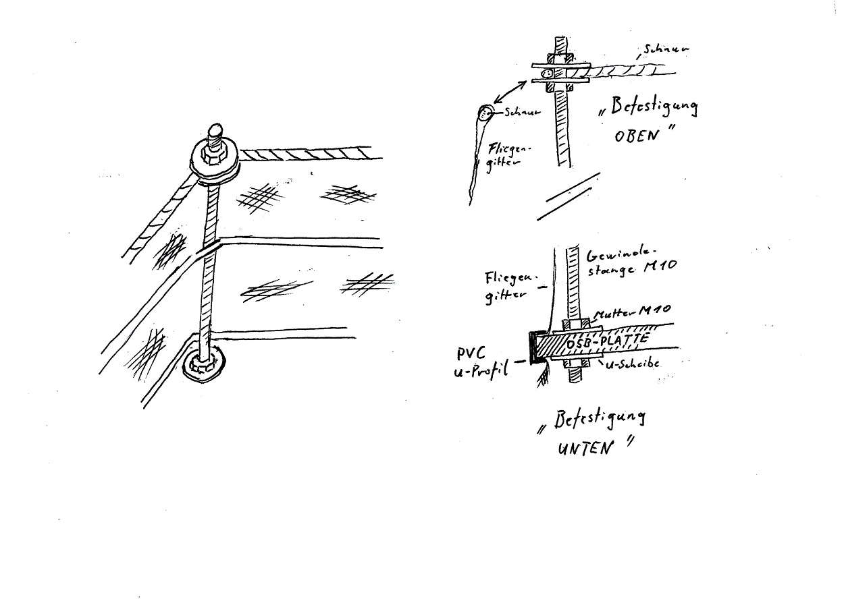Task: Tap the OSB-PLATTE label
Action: coord(607,343)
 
